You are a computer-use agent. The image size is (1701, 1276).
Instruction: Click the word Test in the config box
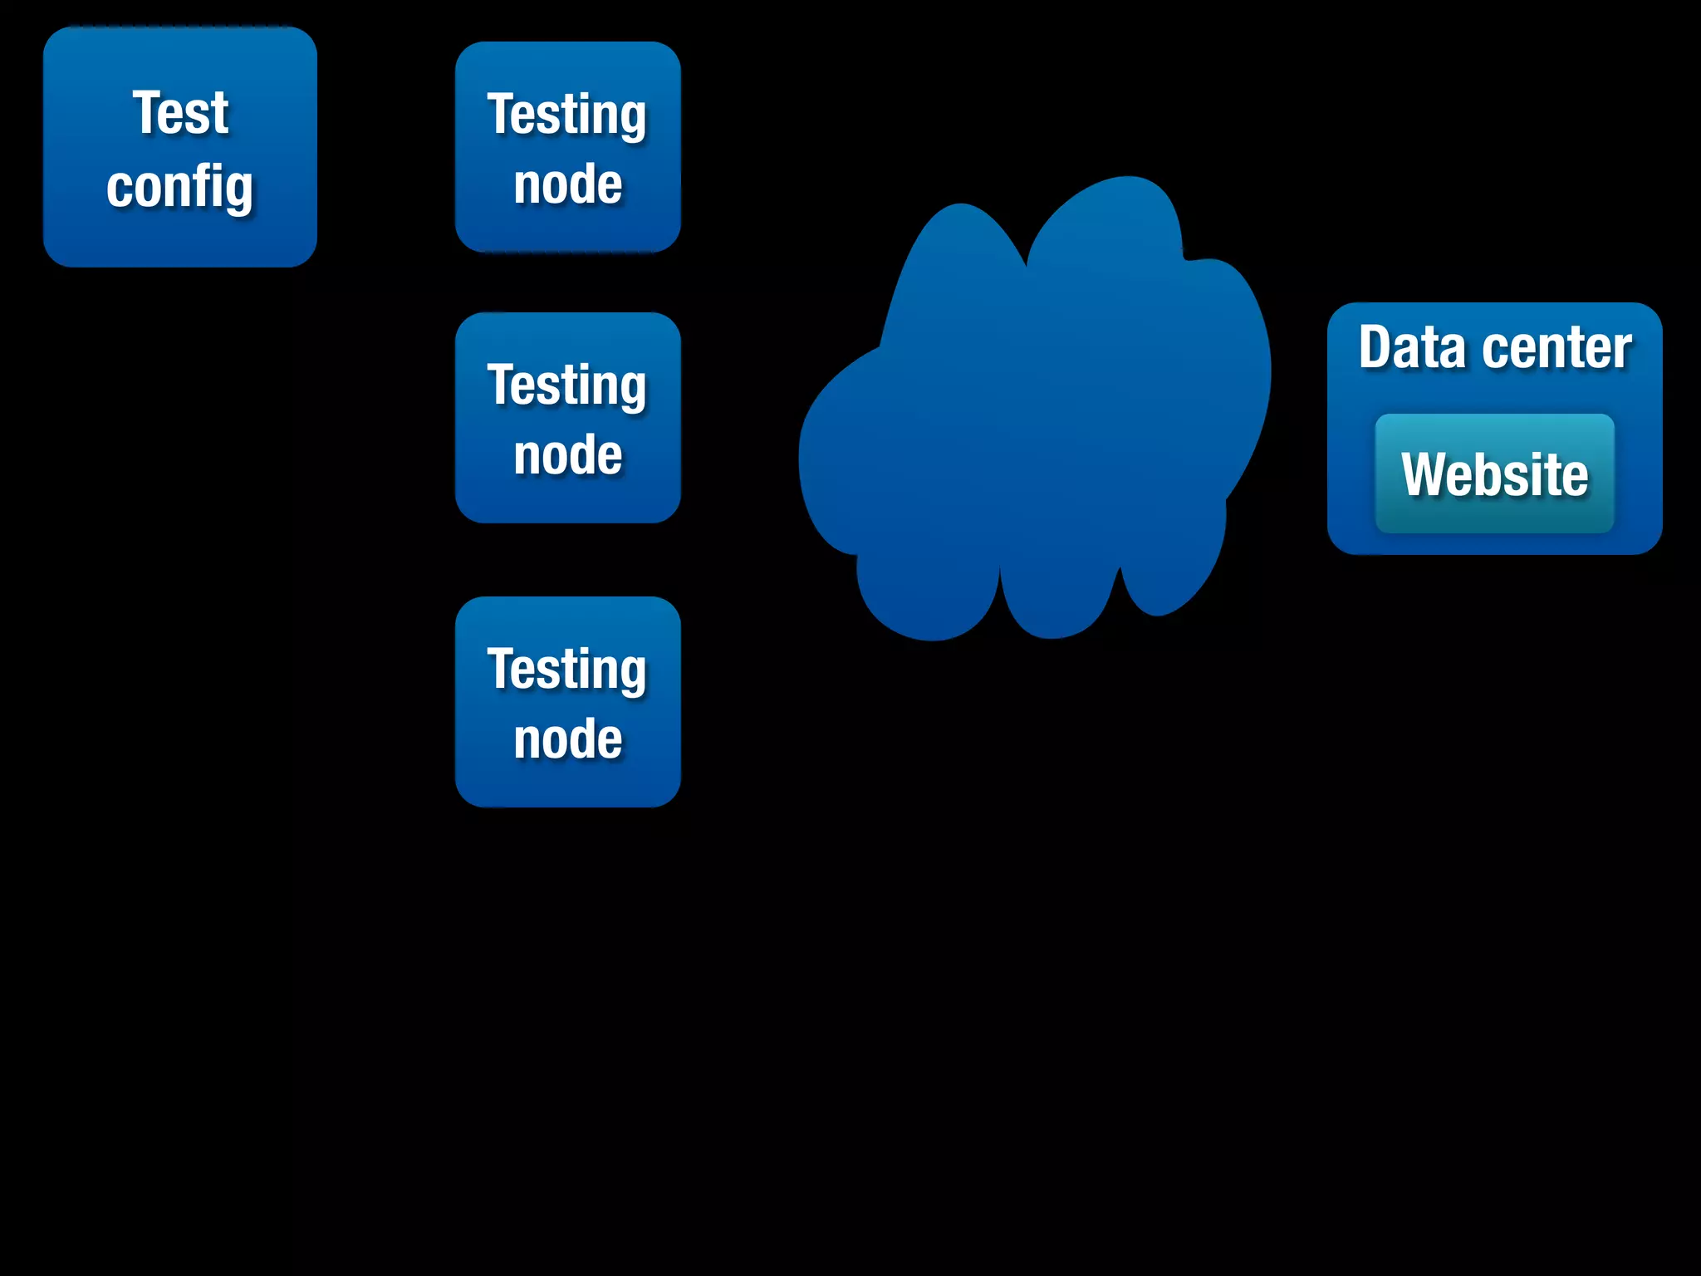pos(180,113)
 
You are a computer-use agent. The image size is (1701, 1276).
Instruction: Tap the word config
pos(180,188)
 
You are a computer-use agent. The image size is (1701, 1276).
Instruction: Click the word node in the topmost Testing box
pos(567,184)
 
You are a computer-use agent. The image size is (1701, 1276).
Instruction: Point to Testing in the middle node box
pos(567,385)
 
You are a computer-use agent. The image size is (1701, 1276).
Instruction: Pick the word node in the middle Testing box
pos(567,455)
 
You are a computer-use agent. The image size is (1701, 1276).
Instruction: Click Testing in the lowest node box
pos(567,670)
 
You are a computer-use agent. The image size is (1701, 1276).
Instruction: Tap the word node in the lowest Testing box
pos(567,739)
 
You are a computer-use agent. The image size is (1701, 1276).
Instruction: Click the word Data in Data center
pos(1411,347)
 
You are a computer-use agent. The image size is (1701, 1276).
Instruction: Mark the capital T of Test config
pos(148,113)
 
